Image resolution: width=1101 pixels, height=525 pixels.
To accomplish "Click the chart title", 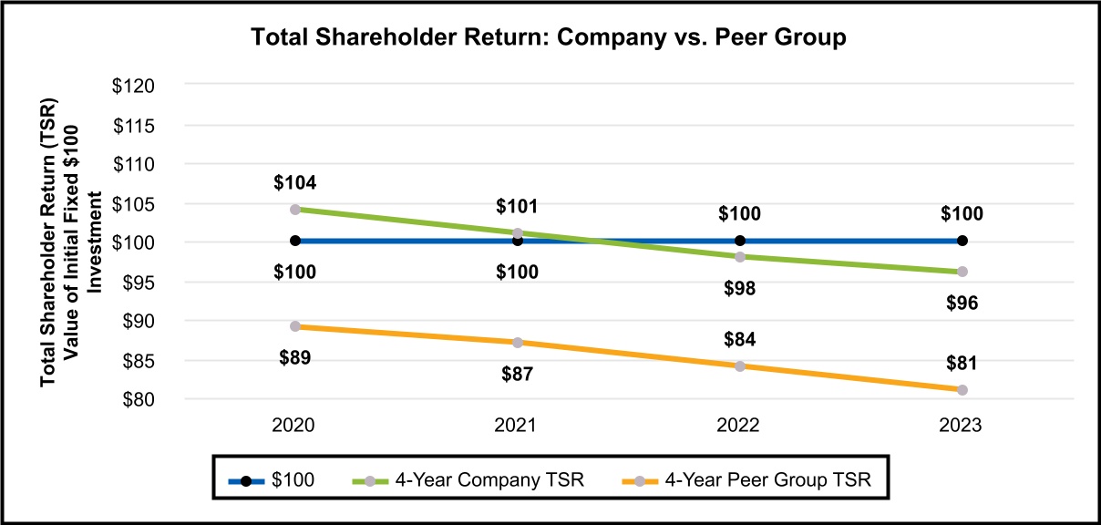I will coord(549,38).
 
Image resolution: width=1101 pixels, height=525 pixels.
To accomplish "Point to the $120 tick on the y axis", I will coord(135,85).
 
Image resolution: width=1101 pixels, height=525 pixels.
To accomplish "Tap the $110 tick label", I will coord(135,164).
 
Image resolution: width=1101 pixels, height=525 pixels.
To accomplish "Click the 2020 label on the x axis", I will coord(295,426).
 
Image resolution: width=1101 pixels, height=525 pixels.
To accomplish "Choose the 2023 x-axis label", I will coord(962,426).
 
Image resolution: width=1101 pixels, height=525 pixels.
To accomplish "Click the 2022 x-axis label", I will coord(739,426).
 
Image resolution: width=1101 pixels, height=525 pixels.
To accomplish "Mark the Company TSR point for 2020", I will coord(295,209).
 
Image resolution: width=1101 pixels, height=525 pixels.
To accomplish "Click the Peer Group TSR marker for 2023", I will coord(962,390).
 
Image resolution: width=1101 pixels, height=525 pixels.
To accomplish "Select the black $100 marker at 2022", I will coord(739,241).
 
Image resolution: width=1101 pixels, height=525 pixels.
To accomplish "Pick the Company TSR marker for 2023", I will coord(962,272).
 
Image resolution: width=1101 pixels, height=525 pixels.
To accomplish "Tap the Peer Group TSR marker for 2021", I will coord(518,343).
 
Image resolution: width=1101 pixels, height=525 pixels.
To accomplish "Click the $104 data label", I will coord(295,183).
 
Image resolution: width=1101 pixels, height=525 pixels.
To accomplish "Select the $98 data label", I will coord(739,288).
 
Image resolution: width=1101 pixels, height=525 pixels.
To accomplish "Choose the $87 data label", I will coord(518,373).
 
